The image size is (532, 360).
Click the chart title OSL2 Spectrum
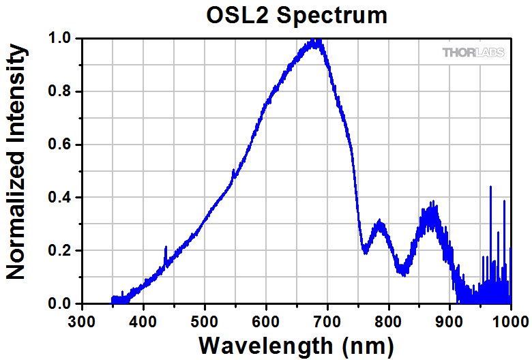pos(297,14)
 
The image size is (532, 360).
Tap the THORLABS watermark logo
pos(473,52)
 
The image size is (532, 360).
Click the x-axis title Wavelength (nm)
pos(296,344)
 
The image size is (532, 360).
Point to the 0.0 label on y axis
pos(61,303)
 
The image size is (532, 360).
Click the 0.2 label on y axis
pos(61,251)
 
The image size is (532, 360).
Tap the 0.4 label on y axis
pos(61,198)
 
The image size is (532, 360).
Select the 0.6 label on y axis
pos(61,145)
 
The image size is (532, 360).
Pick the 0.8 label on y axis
pos(61,92)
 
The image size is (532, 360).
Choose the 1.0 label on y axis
pos(61,39)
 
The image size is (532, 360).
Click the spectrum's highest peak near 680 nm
pos(316,41)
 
